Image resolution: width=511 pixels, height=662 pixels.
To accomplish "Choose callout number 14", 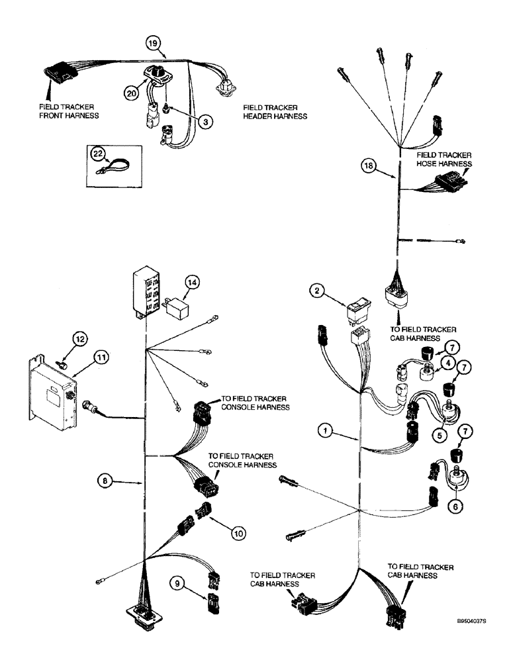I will click(x=192, y=281).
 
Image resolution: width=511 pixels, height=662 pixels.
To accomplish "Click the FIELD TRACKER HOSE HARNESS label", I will click(x=444, y=159).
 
